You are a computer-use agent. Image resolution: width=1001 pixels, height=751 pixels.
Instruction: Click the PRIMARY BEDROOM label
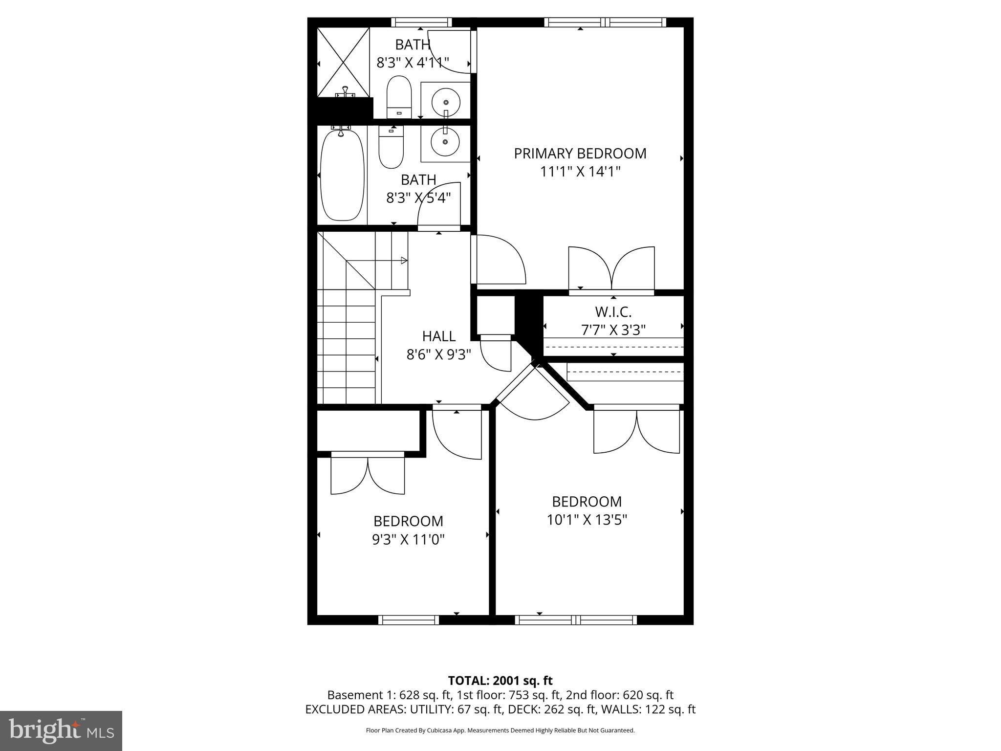580,154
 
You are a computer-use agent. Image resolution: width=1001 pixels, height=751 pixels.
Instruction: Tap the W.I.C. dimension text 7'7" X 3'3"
613,330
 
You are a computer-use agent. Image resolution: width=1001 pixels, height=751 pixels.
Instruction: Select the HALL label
438,336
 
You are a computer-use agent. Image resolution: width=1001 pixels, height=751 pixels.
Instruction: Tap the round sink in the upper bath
446,102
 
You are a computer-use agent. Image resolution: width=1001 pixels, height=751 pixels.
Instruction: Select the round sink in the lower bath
445,142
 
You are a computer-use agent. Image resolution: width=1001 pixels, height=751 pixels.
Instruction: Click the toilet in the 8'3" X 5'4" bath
391,147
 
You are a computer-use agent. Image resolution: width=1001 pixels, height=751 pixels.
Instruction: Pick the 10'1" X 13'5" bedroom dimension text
587,520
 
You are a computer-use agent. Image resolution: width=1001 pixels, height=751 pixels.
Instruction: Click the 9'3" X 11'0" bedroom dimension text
408,539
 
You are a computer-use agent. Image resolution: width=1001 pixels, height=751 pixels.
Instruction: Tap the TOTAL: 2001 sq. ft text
500,681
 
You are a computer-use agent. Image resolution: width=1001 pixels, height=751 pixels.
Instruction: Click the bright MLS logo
61,730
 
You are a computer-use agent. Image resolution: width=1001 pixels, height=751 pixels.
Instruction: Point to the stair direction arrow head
404,261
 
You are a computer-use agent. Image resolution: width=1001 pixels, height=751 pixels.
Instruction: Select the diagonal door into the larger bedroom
533,391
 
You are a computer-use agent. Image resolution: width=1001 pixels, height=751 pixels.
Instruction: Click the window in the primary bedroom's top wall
605,22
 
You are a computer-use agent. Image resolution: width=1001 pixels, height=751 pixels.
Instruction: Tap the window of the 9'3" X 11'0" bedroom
409,620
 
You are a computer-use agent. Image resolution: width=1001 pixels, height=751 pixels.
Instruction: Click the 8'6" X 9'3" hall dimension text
438,354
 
